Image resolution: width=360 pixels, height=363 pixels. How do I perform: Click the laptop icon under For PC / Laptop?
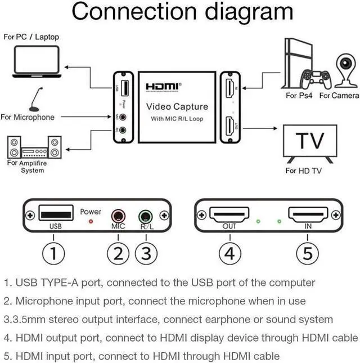(x=37, y=61)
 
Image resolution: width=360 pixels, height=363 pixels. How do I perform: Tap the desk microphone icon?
(x=36, y=100)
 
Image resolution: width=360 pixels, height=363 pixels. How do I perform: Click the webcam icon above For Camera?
(x=346, y=70)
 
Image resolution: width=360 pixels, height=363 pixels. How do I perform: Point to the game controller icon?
(x=316, y=79)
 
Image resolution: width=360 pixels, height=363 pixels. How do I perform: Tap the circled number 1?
(x=53, y=253)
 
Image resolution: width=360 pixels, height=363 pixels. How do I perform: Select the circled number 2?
(x=118, y=253)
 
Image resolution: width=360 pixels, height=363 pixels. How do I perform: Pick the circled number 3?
(x=146, y=253)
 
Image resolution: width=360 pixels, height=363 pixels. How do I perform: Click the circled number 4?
(x=230, y=253)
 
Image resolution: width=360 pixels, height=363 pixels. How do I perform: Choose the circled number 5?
(x=308, y=253)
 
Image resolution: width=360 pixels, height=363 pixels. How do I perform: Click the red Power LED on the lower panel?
(x=91, y=222)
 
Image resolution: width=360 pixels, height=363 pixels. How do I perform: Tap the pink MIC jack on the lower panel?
(x=118, y=216)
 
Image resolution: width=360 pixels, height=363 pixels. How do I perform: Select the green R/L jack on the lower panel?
(x=146, y=217)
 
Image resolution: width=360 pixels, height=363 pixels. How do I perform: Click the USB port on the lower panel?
(x=56, y=213)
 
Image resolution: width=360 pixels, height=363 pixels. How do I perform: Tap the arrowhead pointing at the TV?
(x=275, y=128)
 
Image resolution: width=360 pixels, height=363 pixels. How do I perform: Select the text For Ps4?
(x=299, y=95)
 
